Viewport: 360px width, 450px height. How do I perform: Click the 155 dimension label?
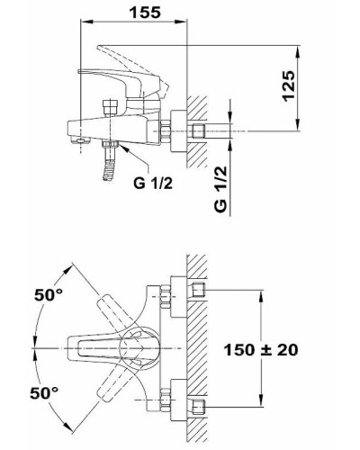click(x=145, y=13)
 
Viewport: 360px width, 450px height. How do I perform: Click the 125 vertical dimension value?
click(x=289, y=86)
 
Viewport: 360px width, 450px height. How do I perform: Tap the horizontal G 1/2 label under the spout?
click(x=153, y=183)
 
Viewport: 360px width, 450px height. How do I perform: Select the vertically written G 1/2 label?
click(x=220, y=190)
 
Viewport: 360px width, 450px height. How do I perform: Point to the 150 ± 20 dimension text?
click(x=261, y=350)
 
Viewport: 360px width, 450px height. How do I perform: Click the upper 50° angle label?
click(x=49, y=294)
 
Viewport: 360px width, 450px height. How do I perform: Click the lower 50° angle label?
click(x=44, y=392)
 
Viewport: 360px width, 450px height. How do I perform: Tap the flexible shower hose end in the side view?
click(x=109, y=171)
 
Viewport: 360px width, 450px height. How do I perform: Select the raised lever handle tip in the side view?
click(x=100, y=48)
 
